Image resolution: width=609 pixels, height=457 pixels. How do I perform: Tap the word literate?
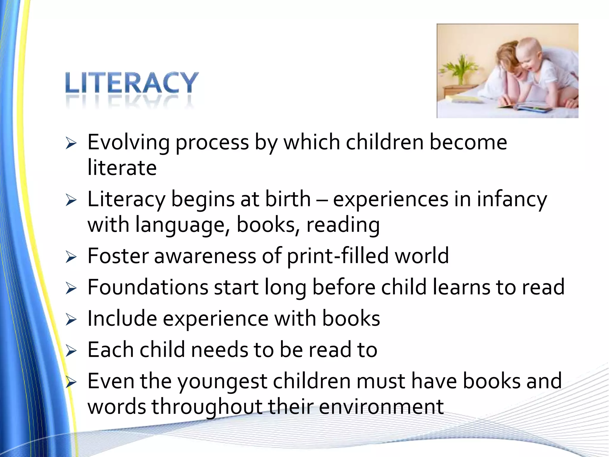click(122, 168)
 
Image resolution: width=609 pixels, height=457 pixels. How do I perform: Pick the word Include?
click(122, 318)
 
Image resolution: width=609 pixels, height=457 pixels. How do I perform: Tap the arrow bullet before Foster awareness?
click(71, 257)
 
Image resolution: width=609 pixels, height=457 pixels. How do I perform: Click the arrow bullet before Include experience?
click(71, 320)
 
